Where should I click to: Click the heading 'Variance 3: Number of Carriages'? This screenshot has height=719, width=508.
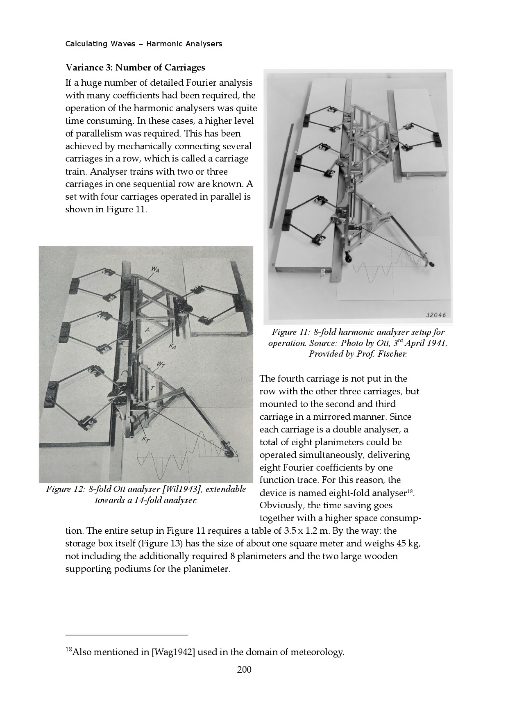pos(135,67)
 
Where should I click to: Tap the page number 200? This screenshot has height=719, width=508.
pos(244,670)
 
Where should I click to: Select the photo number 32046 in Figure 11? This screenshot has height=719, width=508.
pos(436,315)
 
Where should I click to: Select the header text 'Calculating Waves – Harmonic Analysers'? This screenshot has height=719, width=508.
pos(144,44)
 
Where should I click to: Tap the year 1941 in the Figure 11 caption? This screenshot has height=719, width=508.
pos(436,343)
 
